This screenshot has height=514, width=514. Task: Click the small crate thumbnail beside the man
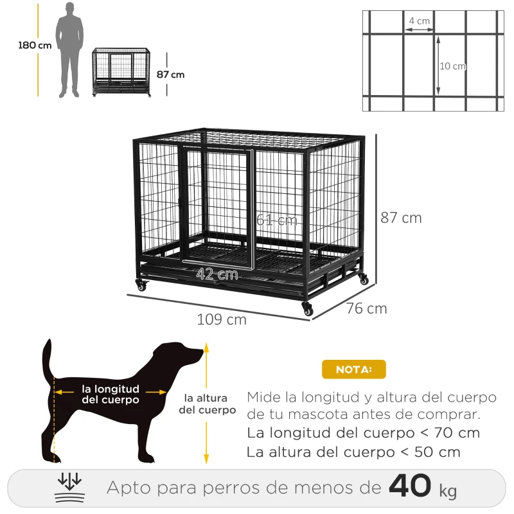coord(122,72)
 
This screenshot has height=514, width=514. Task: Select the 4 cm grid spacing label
coord(420,21)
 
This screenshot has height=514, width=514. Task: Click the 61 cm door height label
coord(277,220)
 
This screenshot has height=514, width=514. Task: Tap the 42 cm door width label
coord(217,274)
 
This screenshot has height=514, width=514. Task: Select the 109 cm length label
coord(222,319)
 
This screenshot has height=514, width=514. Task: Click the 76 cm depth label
coord(367,309)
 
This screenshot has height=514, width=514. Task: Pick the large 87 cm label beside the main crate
coord(401,218)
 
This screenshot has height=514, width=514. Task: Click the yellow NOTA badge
coord(353,369)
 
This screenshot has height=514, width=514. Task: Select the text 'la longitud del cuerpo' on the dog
coord(111,394)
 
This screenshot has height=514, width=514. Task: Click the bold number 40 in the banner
coord(410,486)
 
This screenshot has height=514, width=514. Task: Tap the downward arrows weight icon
coord(69,487)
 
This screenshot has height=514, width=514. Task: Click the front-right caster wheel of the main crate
coord(308,309)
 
